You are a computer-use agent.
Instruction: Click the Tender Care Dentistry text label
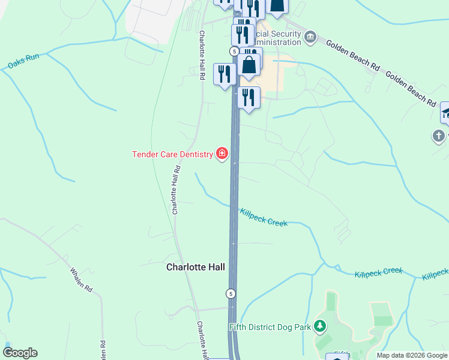172,154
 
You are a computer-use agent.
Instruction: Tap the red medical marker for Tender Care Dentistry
222,154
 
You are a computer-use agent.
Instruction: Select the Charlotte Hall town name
195,268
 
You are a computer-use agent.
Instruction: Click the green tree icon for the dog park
321,326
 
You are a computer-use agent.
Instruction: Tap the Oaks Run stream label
24,61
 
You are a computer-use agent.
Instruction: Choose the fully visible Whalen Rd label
80,280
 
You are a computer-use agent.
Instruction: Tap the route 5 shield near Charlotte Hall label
231,293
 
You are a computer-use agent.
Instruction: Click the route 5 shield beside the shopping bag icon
234,52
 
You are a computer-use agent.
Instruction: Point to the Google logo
20,353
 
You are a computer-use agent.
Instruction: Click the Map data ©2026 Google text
412,356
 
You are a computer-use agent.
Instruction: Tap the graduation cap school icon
445,112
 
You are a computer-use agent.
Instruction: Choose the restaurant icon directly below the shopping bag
248,97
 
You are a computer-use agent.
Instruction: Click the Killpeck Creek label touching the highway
264,217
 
